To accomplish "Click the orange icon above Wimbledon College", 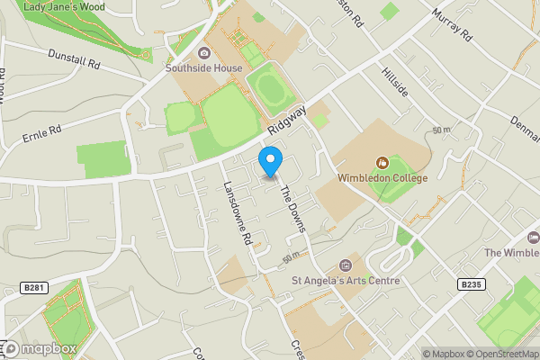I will [382, 163].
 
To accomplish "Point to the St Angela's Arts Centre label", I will [346, 280].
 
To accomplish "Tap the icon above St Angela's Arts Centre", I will [346, 265].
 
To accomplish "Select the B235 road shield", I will [470, 284].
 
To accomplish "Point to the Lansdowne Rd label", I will [235, 215].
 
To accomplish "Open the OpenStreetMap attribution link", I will [495, 354].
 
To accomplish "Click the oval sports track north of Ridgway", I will [267, 87].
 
